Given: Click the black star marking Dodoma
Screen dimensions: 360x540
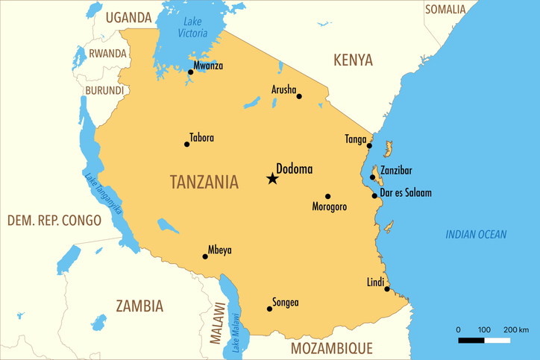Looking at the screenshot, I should pos(272,178).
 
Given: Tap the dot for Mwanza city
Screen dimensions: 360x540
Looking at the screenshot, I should pos(190,72).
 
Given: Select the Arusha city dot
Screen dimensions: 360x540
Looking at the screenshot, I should pos(299,96).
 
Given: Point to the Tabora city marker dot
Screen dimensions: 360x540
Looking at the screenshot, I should pos(186,144).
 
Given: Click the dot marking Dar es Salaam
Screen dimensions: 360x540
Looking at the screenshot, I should pos(374,195).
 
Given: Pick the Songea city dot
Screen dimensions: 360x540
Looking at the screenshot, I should pos(269,309).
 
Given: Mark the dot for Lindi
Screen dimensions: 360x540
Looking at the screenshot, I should pos(387,288).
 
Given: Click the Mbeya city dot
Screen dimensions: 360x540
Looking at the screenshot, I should pos(205,256).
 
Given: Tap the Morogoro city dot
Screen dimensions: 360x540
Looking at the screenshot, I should pos(327,197).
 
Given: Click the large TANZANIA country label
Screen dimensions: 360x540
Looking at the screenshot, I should pos(204,182).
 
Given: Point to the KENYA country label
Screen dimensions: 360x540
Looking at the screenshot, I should pos(353,60).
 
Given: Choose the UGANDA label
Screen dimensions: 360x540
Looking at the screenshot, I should pos(128,17).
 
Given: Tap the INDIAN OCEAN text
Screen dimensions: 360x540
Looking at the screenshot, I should pos(476,234).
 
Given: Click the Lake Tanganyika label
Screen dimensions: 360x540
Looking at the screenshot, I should pos(103,195).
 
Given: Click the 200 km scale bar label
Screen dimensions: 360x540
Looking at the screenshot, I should pos(516,329).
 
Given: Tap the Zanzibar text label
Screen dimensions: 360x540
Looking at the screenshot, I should pos(396,170).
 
